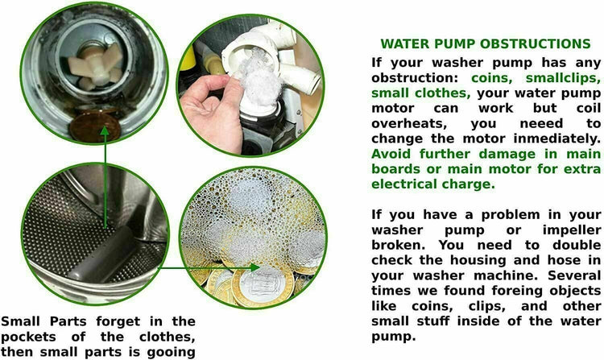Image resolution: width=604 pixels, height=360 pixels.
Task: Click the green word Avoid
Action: tap(392, 154)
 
